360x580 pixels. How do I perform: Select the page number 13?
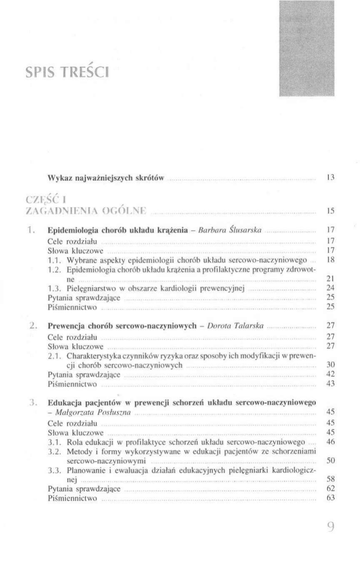click(x=332, y=178)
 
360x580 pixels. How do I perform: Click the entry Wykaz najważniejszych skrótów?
click(x=106, y=178)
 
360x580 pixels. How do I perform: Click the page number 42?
click(x=332, y=374)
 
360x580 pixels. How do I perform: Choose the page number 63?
click(x=332, y=498)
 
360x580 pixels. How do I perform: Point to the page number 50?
click(x=332, y=460)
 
